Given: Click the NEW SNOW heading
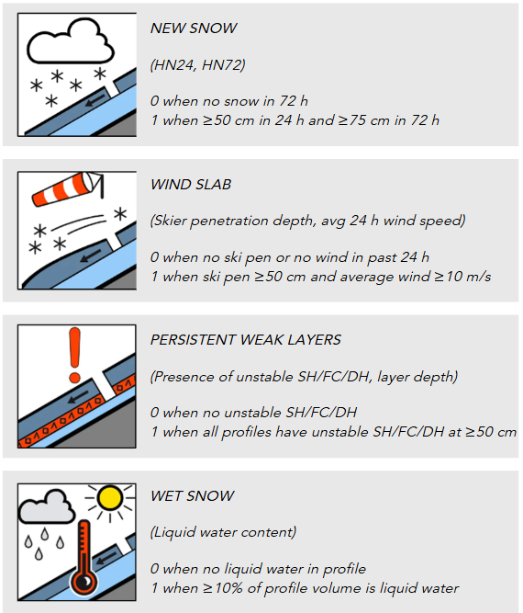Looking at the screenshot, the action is coord(194,28).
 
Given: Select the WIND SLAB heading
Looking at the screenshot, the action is coord(191,184).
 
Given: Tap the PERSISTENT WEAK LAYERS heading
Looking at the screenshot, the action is coord(246,340).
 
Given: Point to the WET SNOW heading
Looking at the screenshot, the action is coord(193,495).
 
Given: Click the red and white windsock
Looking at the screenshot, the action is coord(66,188).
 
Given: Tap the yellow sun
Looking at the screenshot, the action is coord(110,498).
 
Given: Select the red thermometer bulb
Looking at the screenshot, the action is coord(84,582).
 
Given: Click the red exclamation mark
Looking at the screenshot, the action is coord(74,355).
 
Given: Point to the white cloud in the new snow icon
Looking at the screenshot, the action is coord(71,42).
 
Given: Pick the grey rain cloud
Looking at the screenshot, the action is coord(47,507).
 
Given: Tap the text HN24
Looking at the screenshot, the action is coord(174,65).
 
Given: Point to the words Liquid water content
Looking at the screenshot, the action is coord(223,532).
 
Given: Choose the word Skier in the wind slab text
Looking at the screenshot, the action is coord(170,221).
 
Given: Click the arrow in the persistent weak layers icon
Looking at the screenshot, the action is coord(79,398).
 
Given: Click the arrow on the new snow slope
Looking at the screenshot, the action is coord(95,100).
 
